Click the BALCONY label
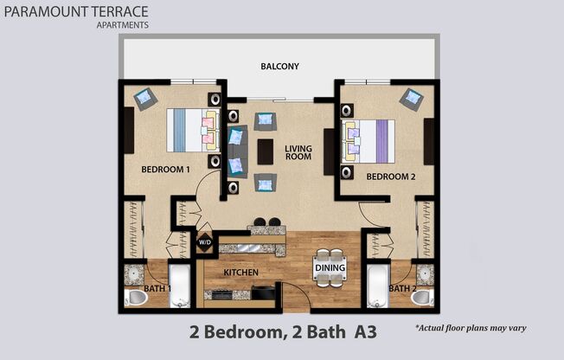(x=279, y=67)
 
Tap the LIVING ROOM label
(x=298, y=153)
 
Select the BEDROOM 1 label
(x=165, y=170)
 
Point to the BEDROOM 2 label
(x=385, y=177)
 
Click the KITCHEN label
(x=241, y=272)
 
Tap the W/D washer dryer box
(x=205, y=243)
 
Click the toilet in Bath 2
(x=421, y=298)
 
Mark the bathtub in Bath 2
(x=378, y=286)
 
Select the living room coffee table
(x=266, y=151)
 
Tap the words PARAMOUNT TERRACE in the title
(x=75, y=11)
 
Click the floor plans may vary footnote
(x=471, y=329)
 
